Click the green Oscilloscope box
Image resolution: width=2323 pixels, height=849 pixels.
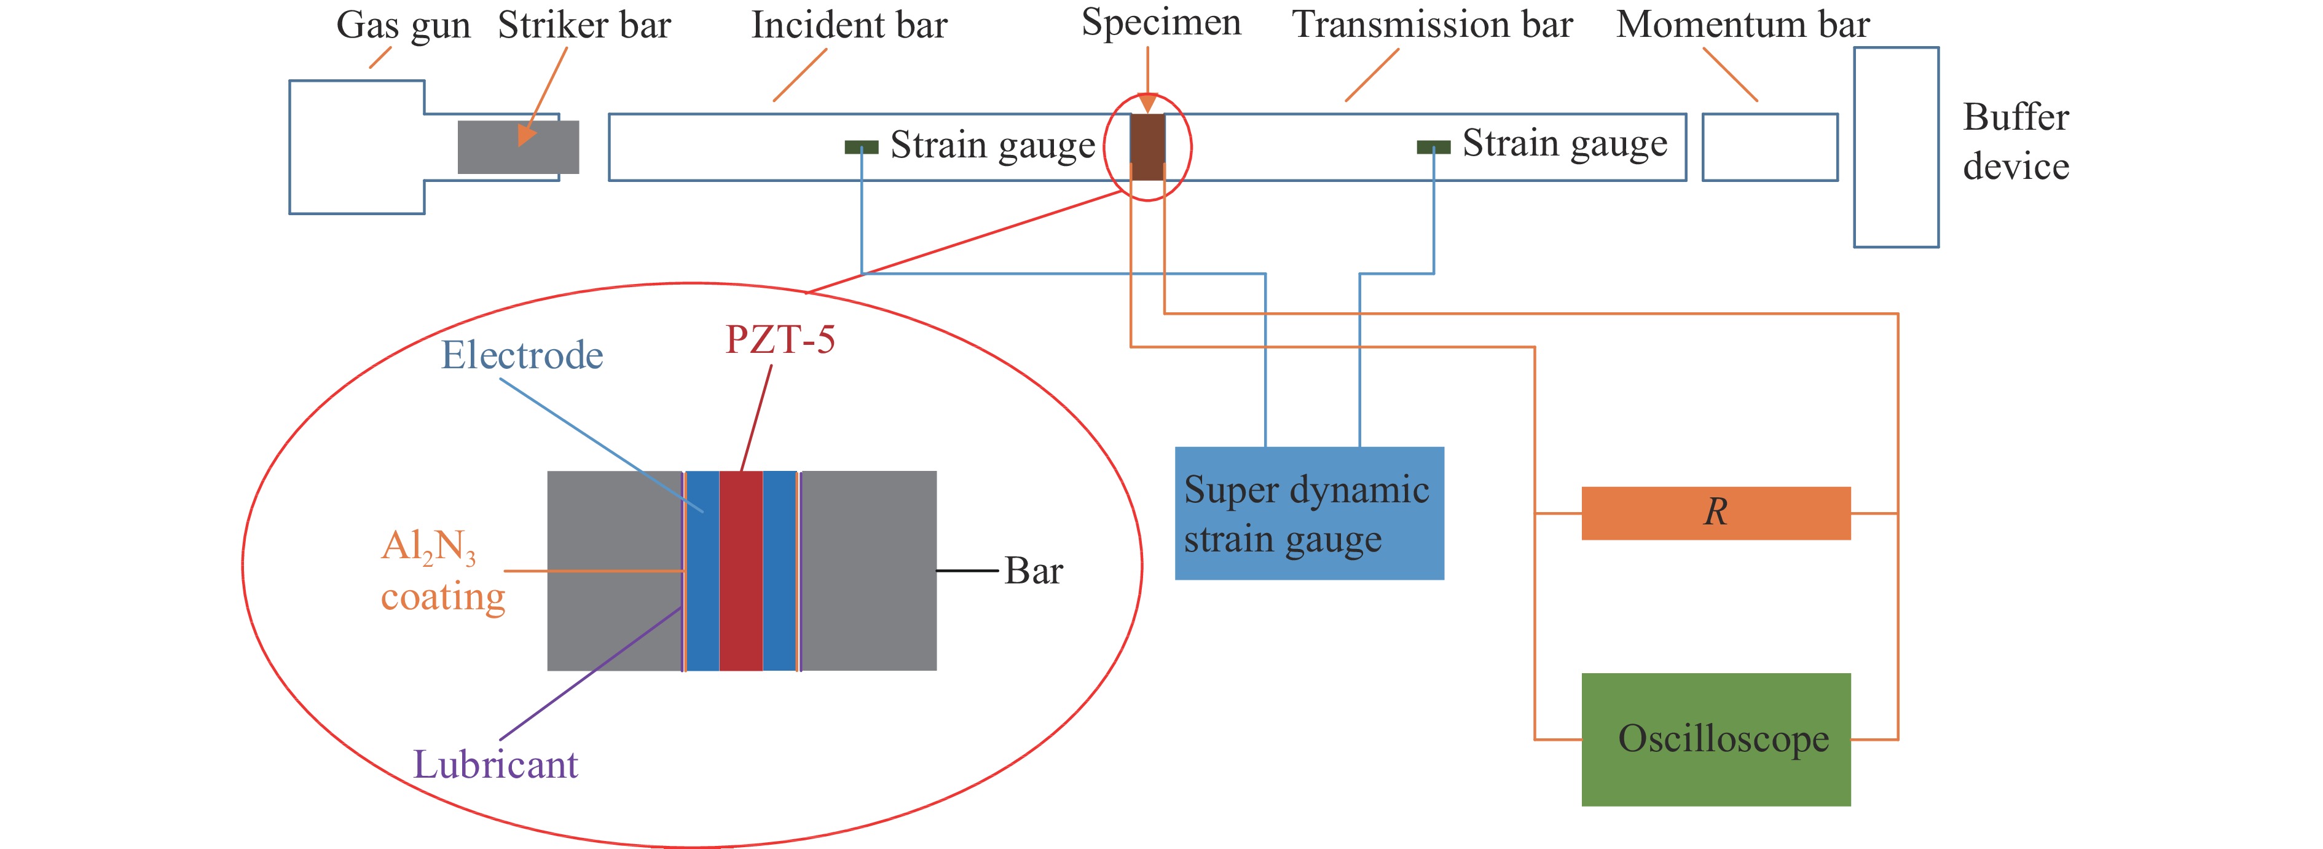click(x=1715, y=739)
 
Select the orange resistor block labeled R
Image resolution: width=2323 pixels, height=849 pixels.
click(x=1715, y=513)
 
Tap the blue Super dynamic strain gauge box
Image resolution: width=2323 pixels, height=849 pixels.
click(x=1308, y=513)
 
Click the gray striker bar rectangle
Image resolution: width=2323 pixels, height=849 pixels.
click(x=517, y=147)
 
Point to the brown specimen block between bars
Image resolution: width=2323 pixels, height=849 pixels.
click(x=1147, y=147)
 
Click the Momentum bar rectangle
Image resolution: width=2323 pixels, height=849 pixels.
click(x=1769, y=147)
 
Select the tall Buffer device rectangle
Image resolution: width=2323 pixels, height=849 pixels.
click(x=1895, y=147)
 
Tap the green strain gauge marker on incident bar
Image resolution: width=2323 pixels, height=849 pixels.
click(x=861, y=147)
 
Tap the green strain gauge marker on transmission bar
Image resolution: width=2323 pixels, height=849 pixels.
click(x=1433, y=147)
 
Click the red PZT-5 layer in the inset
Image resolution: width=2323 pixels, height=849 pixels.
click(x=741, y=571)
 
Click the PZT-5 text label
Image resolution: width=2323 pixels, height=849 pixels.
click(x=780, y=340)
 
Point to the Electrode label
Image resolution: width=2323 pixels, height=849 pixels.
click(x=521, y=355)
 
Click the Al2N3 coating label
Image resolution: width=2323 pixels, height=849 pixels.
click(x=442, y=571)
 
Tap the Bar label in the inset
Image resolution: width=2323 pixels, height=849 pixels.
click(x=1034, y=571)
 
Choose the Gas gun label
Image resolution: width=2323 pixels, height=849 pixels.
click(x=403, y=25)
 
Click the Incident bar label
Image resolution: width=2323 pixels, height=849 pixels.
click(x=849, y=25)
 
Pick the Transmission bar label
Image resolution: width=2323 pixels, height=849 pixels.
click(x=1432, y=25)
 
